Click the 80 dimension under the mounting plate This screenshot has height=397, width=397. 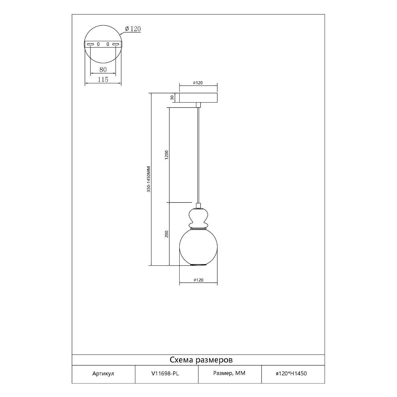coord(103,70)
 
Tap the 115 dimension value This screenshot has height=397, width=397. coord(103,79)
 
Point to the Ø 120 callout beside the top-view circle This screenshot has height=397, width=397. coord(133,29)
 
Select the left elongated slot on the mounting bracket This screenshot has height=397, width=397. coord(90,44)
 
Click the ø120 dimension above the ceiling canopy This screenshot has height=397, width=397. coord(198,83)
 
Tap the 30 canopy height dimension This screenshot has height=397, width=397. coord(172,98)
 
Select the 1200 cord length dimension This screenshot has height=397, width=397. coord(166,155)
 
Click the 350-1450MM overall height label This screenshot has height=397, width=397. coord(149,179)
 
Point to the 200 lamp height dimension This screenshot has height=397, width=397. coord(166,234)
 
